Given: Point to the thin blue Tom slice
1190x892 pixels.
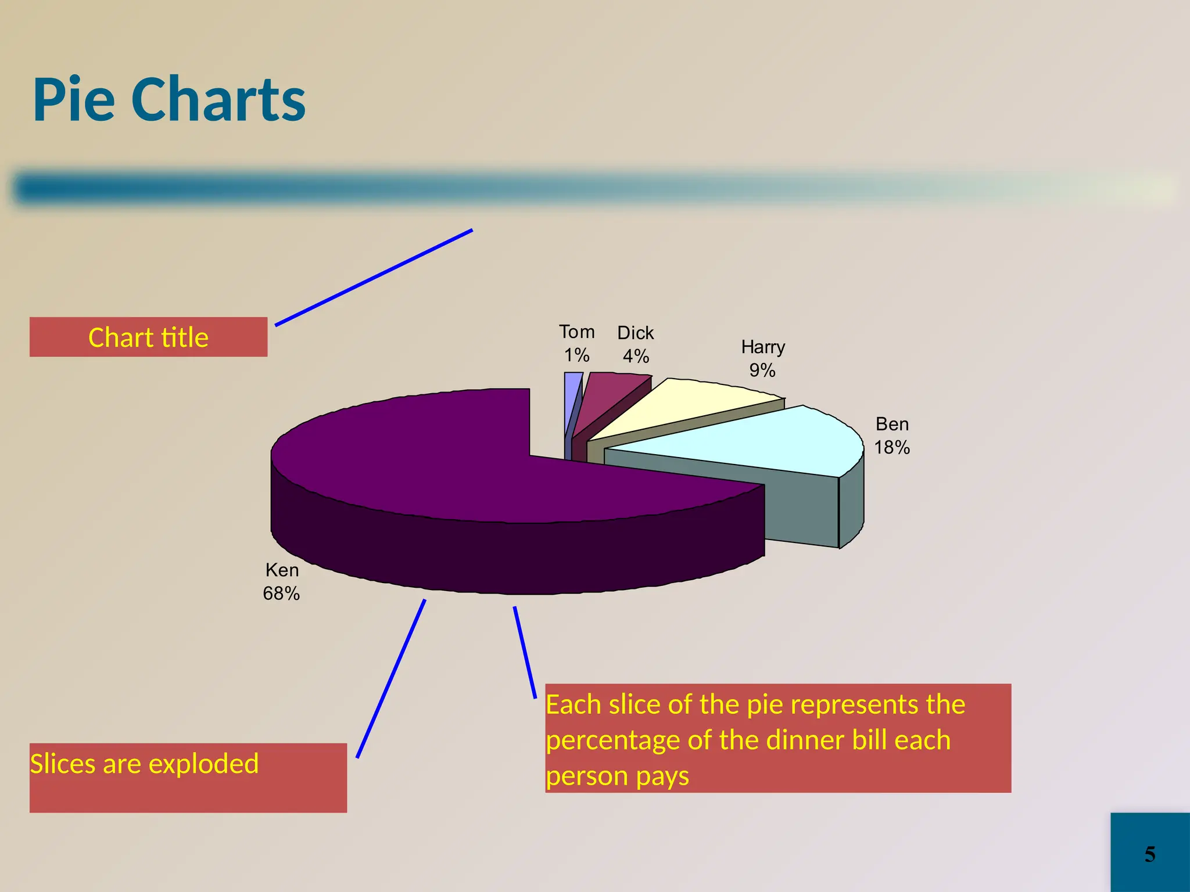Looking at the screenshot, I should (572, 395).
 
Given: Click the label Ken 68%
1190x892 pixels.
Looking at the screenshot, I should (282, 581).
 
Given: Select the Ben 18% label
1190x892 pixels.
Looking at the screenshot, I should (892, 436).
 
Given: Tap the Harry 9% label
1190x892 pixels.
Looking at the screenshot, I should (763, 358).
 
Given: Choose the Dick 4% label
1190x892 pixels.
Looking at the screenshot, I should (636, 344).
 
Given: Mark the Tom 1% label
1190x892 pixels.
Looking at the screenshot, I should (576, 343).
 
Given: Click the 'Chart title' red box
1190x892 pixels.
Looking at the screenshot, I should (148, 337).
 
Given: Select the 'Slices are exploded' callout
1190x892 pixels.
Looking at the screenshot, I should (188, 777).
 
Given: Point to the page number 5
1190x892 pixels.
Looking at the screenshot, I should (1150, 854).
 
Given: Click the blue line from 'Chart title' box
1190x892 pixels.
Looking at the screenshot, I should (374, 278).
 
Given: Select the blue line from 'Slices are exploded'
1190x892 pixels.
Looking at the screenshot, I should (391, 678).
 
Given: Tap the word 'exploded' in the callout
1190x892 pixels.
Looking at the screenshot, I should (203, 764).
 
